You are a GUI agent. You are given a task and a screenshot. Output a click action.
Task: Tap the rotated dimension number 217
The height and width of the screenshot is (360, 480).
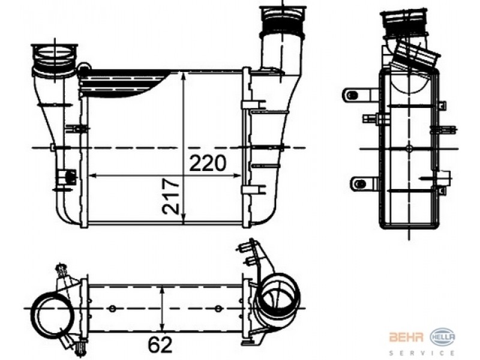(x=170, y=196)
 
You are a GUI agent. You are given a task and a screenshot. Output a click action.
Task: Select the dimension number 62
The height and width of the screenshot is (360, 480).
(x=160, y=345)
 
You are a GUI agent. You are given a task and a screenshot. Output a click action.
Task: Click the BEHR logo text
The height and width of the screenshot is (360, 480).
(x=406, y=337)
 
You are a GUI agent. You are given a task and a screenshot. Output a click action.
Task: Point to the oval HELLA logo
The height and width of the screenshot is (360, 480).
(x=442, y=338)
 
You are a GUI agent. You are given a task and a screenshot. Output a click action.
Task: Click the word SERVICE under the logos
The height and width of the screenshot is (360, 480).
(x=422, y=353)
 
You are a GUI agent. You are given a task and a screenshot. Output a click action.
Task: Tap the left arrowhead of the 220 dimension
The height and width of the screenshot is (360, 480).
(x=92, y=176)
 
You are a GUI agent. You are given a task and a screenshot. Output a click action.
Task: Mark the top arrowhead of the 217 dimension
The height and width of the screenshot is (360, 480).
(x=184, y=77)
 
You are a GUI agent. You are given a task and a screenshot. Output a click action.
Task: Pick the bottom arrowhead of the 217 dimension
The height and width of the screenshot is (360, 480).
(x=184, y=219)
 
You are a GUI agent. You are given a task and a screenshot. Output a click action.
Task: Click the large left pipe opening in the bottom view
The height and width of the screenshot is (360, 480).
(x=52, y=313)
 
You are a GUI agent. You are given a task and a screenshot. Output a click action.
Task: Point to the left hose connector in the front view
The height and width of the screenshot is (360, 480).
(x=55, y=61)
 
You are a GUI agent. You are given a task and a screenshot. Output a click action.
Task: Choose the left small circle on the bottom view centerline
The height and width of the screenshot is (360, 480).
(x=112, y=308)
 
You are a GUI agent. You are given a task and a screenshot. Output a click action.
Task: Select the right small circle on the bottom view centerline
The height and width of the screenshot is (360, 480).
(x=218, y=308)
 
